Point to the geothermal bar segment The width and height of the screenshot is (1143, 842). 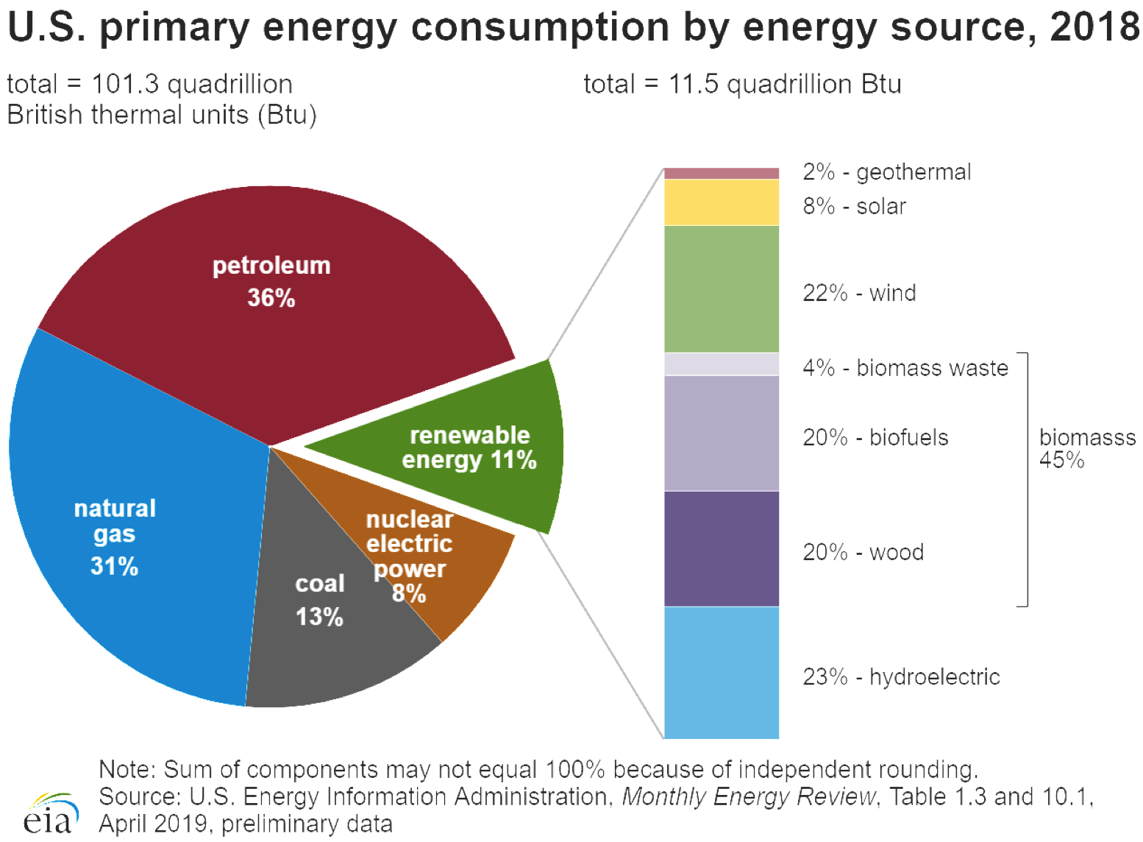coord(721,173)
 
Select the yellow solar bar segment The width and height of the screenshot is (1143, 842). coord(721,202)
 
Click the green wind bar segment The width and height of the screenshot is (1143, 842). coord(721,289)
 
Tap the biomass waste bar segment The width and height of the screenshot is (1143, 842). coord(721,364)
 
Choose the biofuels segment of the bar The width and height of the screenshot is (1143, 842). coord(721,433)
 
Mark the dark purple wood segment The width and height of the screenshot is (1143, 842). coord(721,548)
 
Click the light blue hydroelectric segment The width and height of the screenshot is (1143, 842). coord(721,672)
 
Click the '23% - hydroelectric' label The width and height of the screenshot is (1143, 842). coord(901,676)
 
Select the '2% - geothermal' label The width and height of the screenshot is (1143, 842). coord(886,172)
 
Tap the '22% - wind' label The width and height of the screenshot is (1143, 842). coord(859,293)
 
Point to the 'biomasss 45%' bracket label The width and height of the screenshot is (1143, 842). coord(1086,448)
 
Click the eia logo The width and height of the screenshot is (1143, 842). coord(50,813)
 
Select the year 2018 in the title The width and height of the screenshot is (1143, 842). coord(1094,28)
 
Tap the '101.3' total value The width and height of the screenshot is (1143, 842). coord(124,85)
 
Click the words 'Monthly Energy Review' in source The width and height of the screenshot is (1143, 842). coord(749,796)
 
